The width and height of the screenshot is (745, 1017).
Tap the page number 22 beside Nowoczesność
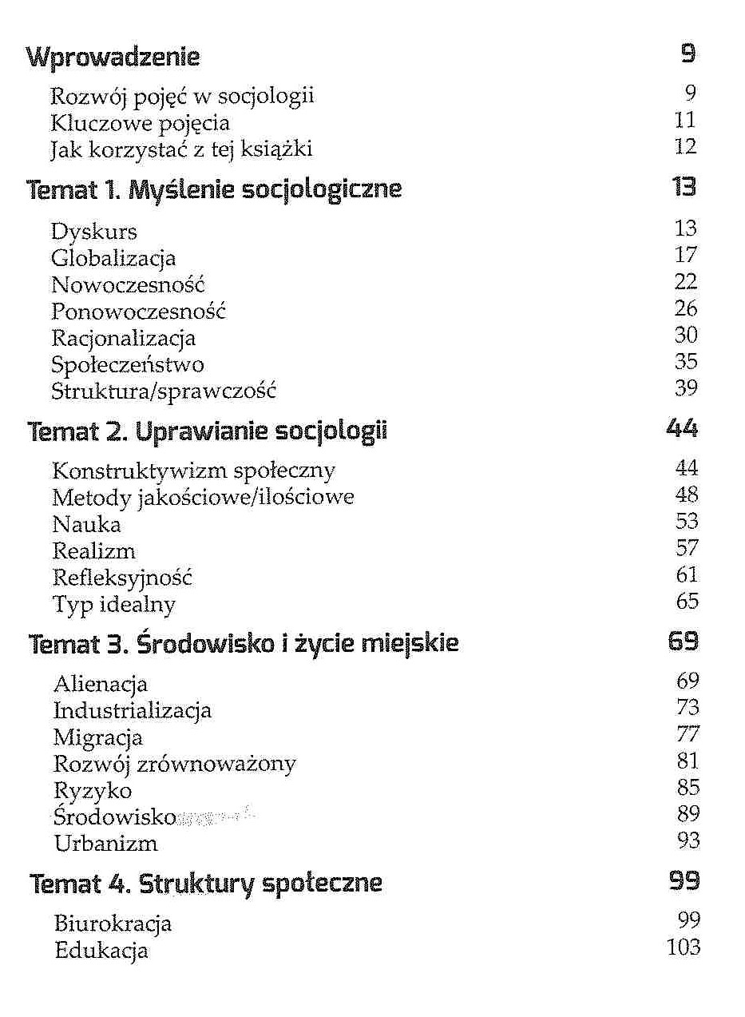(x=685, y=282)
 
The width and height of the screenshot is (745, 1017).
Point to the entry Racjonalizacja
(x=124, y=339)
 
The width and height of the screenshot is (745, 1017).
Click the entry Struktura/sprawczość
(x=164, y=391)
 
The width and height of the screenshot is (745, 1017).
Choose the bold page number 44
(x=682, y=429)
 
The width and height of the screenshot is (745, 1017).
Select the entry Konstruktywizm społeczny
(x=193, y=471)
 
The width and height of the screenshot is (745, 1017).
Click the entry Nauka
(x=87, y=525)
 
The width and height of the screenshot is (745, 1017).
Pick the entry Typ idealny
(x=113, y=605)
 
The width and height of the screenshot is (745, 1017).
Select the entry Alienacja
(x=101, y=684)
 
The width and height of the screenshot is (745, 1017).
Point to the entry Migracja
(x=98, y=737)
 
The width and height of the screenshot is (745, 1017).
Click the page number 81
(x=687, y=761)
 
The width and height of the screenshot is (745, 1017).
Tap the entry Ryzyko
(x=93, y=791)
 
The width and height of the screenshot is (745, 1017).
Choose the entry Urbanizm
(x=105, y=844)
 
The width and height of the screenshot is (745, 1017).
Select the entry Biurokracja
(x=113, y=924)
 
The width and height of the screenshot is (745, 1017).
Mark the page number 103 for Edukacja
(x=682, y=948)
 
